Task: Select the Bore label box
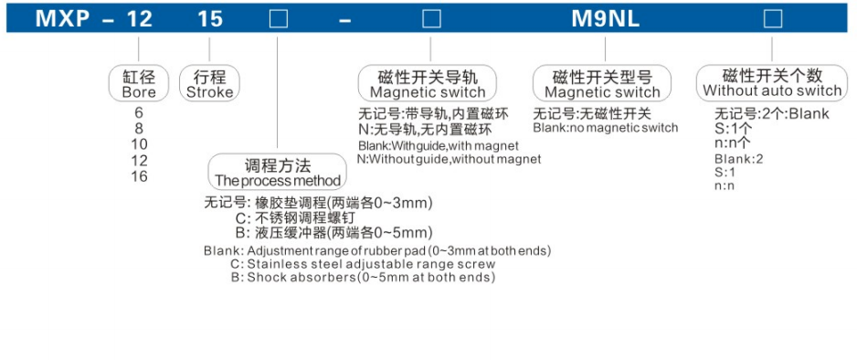139,83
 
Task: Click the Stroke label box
209,83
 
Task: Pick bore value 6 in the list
139,113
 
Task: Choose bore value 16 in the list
139,176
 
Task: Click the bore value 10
139,144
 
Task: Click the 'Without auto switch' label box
772,82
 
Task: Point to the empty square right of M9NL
772,17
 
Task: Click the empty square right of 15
277,17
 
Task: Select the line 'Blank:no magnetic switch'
606,128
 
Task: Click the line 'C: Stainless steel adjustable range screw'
363,264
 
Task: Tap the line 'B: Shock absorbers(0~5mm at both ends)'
363,277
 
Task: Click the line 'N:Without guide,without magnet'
449,159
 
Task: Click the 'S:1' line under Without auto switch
725,172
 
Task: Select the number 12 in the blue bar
139,17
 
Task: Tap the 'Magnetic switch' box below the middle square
428,84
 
